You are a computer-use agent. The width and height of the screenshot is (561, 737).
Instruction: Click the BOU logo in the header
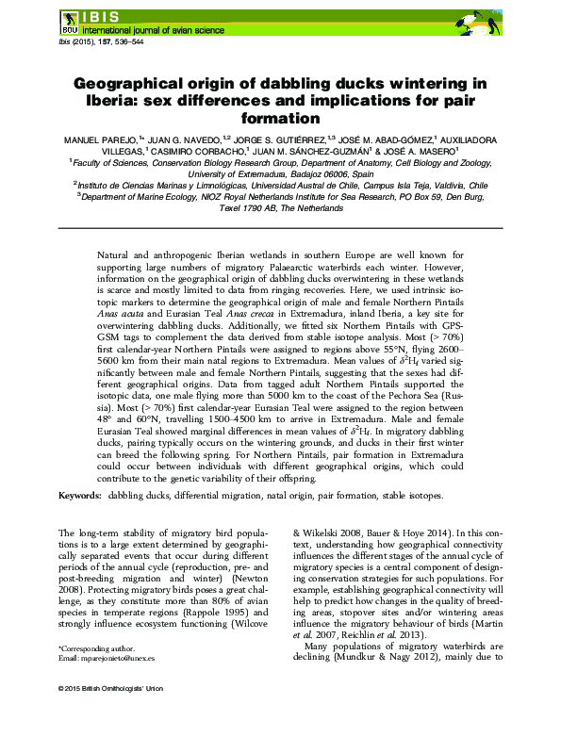[x=70, y=20]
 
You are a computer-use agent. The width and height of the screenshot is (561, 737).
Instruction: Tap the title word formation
[x=280, y=120]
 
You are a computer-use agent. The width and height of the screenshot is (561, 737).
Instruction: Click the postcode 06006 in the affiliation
[x=336, y=174]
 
